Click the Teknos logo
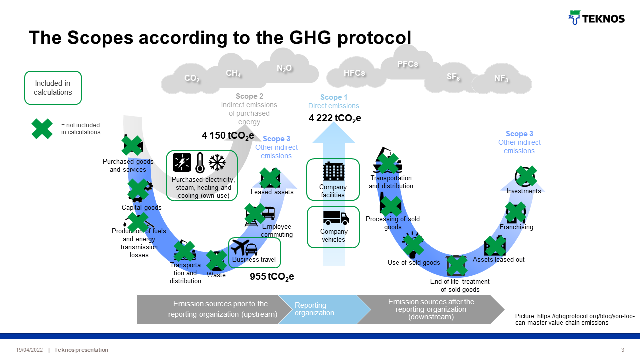click(x=597, y=18)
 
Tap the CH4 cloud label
click(x=233, y=74)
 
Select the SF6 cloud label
click(x=453, y=77)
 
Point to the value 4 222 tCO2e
click(x=335, y=118)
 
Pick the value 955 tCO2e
click(x=272, y=277)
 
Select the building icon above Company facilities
click(x=333, y=172)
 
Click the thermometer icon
click(x=200, y=163)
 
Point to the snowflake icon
click(x=217, y=163)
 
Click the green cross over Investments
click(x=526, y=176)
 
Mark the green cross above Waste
click(x=216, y=260)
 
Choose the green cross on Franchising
click(x=516, y=212)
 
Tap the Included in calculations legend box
click(x=53, y=88)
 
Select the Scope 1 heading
click(x=334, y=97)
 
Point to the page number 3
click(x=622, y=350)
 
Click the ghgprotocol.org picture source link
click(x=575, y=320)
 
